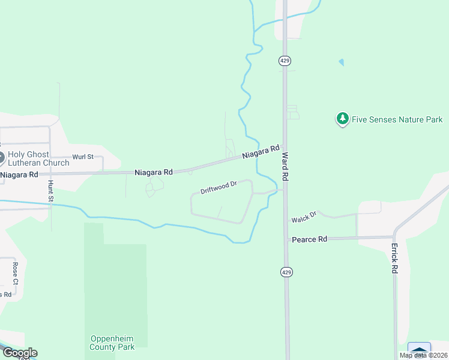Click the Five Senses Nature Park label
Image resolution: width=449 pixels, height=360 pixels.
coord(397,119)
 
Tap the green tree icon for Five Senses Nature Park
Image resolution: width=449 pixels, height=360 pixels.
coord(342,119)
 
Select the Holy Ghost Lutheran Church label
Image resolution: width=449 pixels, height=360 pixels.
coord(38,158)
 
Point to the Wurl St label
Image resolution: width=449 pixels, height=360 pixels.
coord(83,157)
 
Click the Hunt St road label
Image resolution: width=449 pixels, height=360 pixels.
coord(50,191)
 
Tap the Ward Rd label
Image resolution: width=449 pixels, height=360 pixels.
coord(286,166)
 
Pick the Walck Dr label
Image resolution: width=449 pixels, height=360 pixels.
coord(304,217)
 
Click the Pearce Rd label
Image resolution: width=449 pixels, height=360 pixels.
coord(309,239)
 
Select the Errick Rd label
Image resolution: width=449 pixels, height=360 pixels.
coord(394,259)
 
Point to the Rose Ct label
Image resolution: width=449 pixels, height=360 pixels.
coord(16,273)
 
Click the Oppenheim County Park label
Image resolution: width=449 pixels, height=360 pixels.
coord(112,342)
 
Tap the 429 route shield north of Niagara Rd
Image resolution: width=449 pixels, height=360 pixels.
coord(285,61)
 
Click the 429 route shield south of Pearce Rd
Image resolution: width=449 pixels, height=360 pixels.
coord(286,272)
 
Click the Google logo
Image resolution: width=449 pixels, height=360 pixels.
coord(20,353)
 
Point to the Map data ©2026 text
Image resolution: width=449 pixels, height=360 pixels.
coord(424,356)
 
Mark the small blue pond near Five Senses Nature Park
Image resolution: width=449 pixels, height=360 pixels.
coord(342,62)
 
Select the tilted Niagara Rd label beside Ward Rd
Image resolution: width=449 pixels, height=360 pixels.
coord(262,152)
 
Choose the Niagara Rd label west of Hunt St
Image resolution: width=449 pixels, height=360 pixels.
coord(19,175)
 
